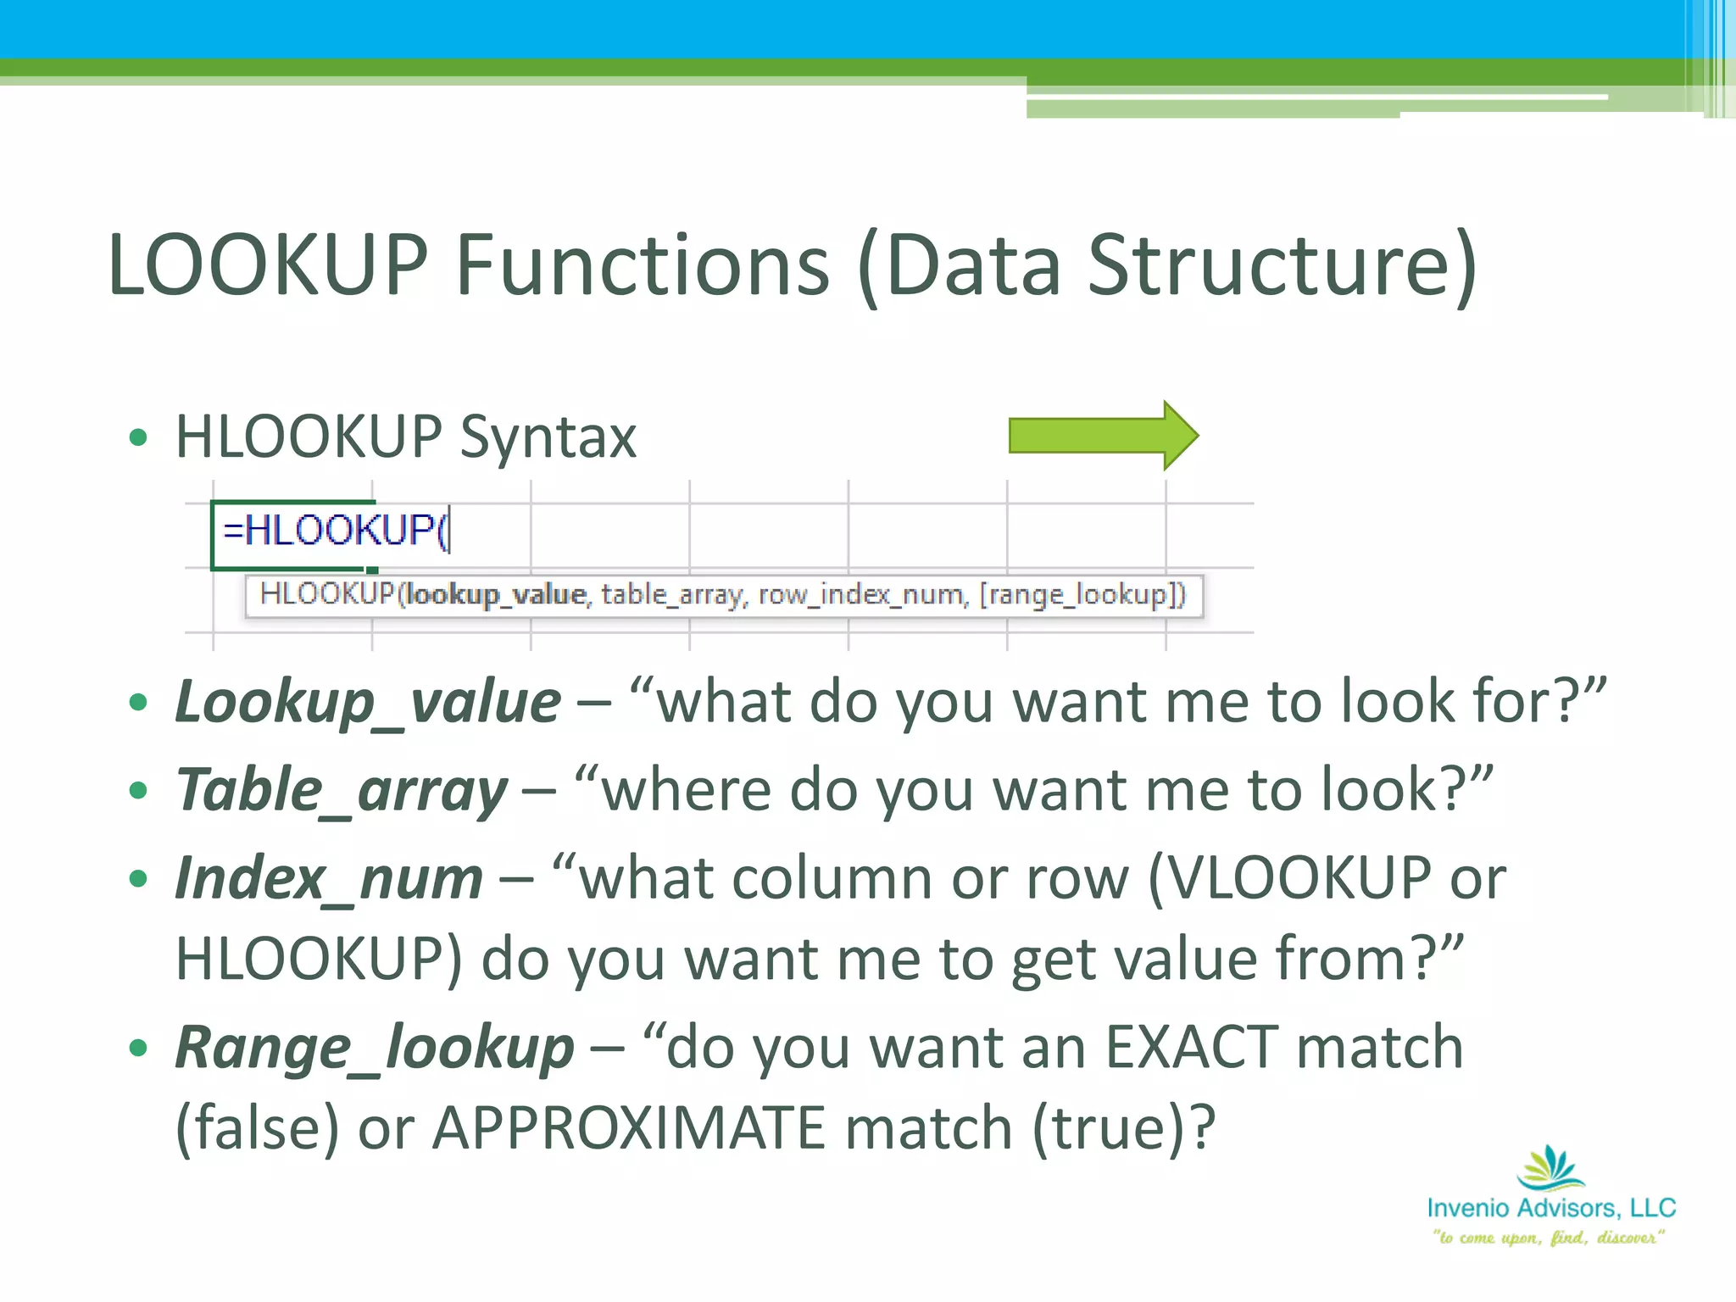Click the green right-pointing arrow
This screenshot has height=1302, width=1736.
click(1102, 436)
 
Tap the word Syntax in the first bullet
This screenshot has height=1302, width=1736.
click(548, 437)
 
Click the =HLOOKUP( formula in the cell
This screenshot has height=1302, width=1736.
click(337, 531)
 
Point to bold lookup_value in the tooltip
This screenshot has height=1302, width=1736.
click(496, 594)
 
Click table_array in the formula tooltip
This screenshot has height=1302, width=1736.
click(674, 594)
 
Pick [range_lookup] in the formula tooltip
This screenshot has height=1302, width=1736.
click(1082, 594)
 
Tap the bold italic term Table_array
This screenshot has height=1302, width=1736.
click(341, 791)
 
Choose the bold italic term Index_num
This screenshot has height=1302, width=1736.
click(329, 879)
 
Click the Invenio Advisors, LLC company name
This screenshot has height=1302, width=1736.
click(1551, 1208)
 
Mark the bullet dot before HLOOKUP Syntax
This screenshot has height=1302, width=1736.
click(138, 438)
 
